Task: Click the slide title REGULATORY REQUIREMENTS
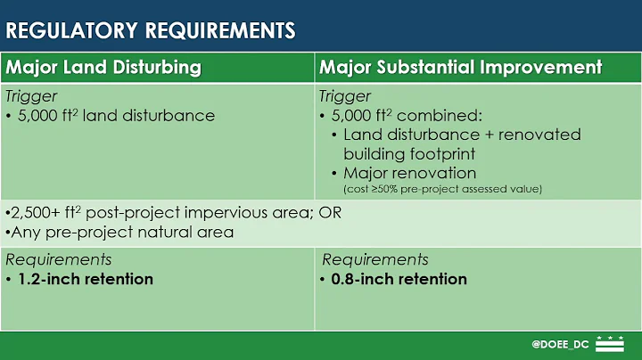pyautogui.click(x=151, y=30)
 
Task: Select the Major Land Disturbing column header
pyautogui.click(x=103, y=68)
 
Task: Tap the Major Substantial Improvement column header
pyautogui.click(x=460, y=68)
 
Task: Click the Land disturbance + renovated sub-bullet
pyautogui.click(x=462, y=135)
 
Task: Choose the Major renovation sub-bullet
pyautogui.click(x=409, y=173)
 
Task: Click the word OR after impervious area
pyautogui.click(x=330, y=214)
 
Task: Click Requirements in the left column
pyautogui.click(x=59, y=259)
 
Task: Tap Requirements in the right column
pyautogui.click(x=374, y=259)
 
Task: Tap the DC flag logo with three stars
pyautogui.click(x=610, y=344)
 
